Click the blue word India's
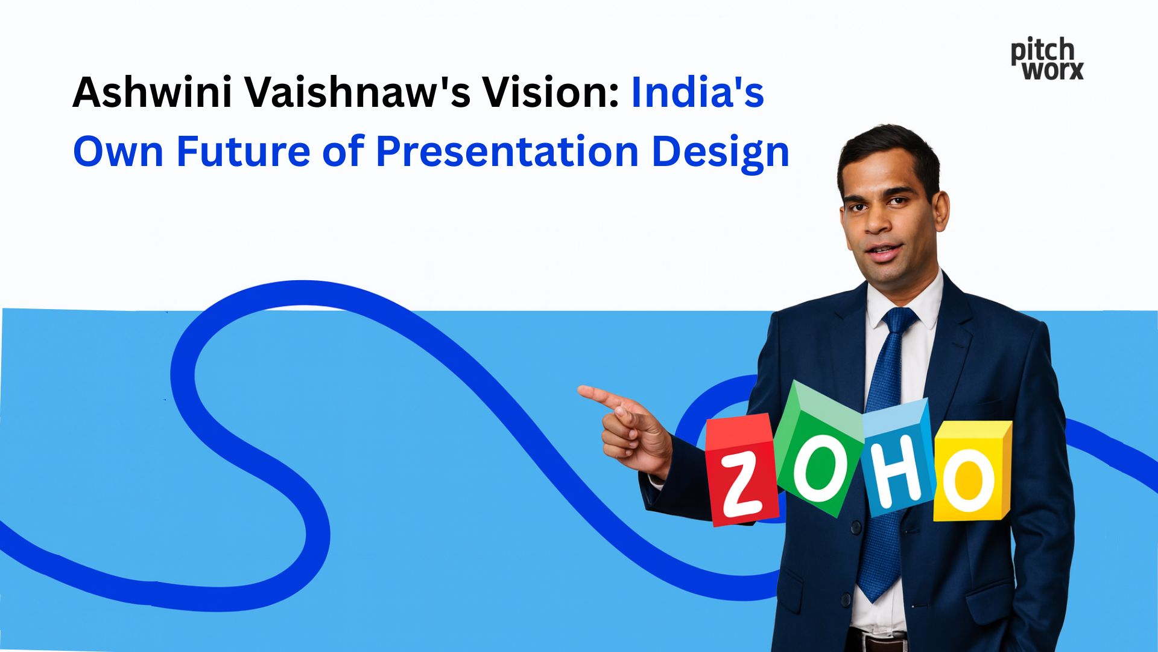[697, 92]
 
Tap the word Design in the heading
[720, 152]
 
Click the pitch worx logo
[1047, 59]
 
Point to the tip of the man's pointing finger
[581, 391]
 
